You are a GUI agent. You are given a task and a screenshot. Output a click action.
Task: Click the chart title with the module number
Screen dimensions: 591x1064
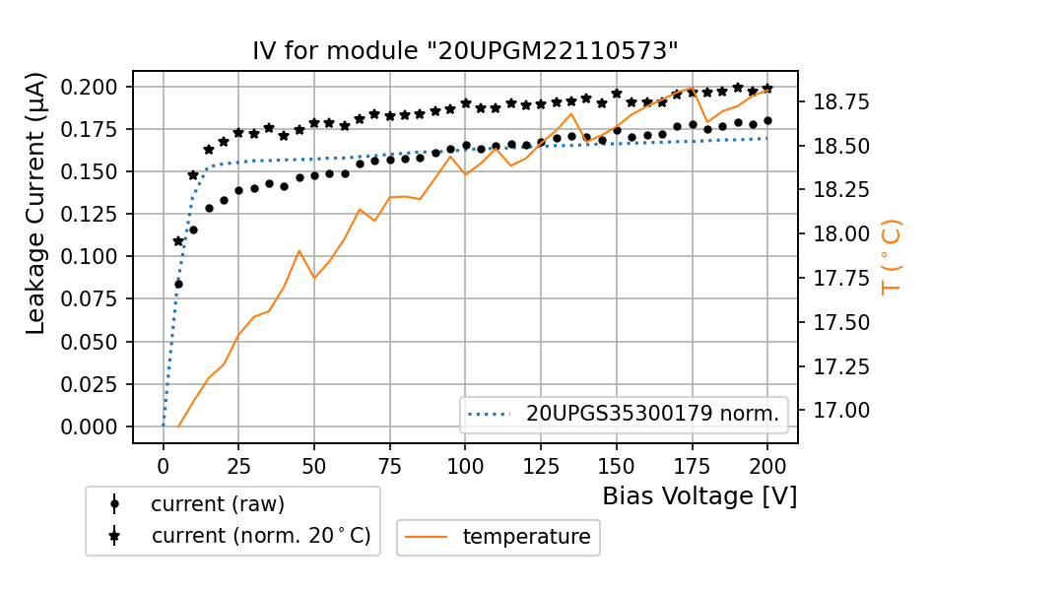(x=465, y=51)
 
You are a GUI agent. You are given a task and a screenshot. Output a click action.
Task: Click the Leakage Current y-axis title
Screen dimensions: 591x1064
(x=35, y=203)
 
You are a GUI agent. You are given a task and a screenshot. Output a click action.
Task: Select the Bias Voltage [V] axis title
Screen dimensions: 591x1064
(x=699, y=495)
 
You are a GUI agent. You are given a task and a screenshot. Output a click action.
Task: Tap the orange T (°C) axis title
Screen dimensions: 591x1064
(x=891, y=257)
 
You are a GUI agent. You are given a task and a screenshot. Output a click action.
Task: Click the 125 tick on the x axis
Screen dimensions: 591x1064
(x=541, y=462)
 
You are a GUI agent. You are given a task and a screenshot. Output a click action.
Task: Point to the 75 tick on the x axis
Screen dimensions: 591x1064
(x=390, y=462)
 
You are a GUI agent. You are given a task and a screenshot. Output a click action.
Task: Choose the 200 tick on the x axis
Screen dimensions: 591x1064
(x=767, y=462)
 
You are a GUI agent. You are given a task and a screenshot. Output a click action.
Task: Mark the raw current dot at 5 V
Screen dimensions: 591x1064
(x=178, y=284)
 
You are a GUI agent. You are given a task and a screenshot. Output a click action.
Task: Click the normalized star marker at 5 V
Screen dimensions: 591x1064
(x=178, y=240)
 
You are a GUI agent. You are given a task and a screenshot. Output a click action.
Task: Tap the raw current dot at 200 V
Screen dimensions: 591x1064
(x=767, y=120)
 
